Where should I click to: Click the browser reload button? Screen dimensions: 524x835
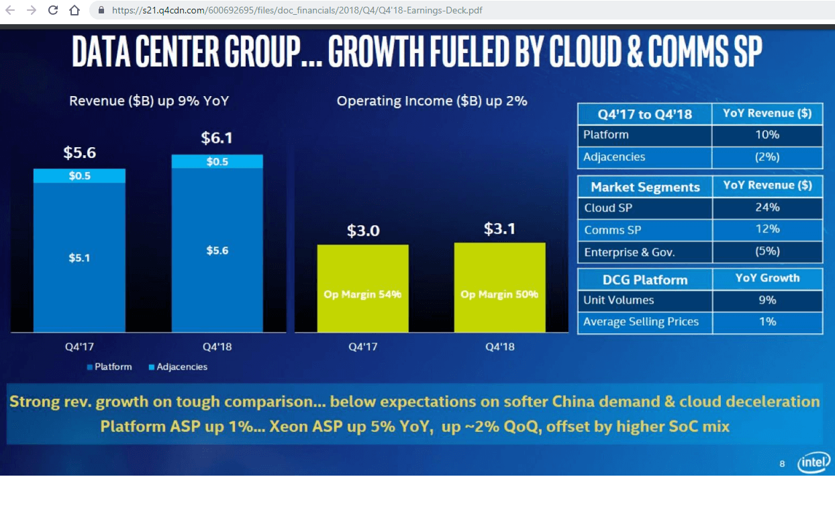pos(53,10)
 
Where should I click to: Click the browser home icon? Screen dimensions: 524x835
pos(75,10)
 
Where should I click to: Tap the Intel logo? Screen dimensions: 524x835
pos(814,462)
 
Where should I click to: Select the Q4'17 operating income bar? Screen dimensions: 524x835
pos(362,288)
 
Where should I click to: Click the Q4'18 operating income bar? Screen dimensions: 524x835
pos(499,287)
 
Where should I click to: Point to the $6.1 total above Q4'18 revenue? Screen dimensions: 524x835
pos(217,138)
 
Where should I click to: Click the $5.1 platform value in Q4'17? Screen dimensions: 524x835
pos(79,257)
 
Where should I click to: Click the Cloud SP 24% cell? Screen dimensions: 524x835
pos(767,208)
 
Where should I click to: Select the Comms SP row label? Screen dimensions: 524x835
pos(612,230)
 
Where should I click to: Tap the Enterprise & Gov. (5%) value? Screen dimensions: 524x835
pos(767,252)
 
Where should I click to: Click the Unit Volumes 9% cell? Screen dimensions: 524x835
pos(767,300)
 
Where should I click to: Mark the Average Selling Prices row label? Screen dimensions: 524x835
pos(640,322)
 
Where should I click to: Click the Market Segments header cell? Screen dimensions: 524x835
pos(644,187)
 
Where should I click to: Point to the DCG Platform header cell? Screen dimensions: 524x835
pos(644,279)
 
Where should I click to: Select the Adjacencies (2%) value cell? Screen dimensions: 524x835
pos(767,157)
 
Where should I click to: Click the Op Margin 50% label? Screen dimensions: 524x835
pos(499,294)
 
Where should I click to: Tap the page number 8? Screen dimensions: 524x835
pos(782,464)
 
